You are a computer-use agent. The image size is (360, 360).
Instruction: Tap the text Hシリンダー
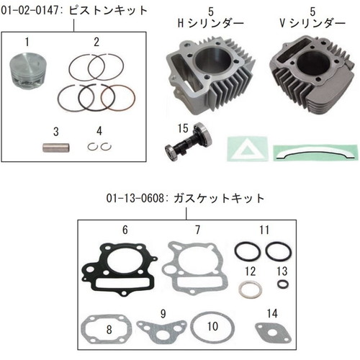(x=210, y=24)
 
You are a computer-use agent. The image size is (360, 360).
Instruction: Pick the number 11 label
(x=264, y=230)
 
